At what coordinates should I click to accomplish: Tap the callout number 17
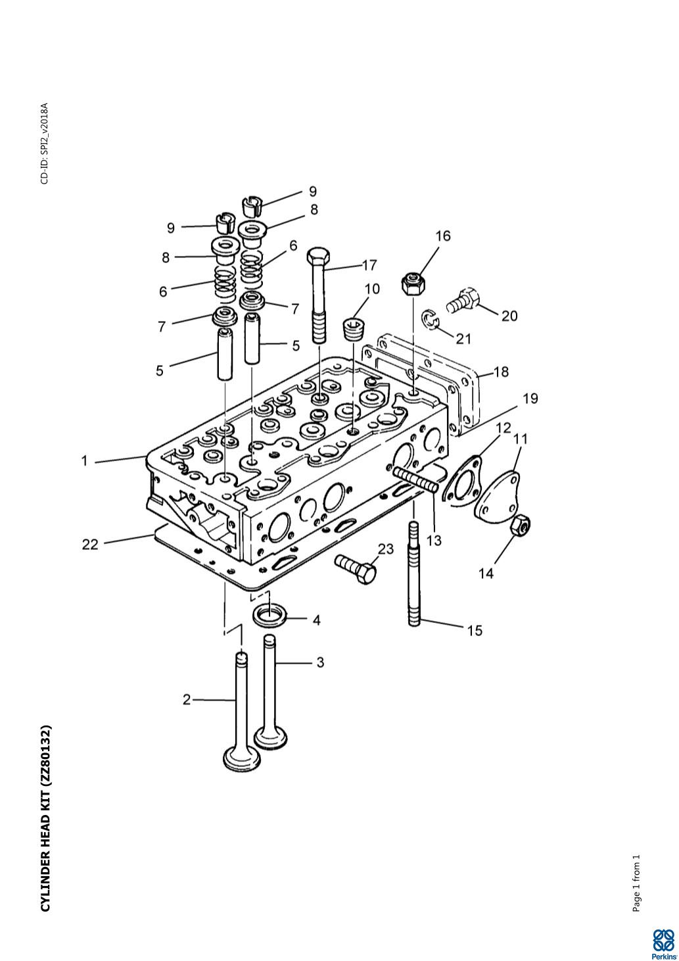(x=369, y=265)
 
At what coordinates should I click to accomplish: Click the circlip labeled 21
(x=429, y=320)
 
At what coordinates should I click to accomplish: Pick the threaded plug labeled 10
(x=354, y=328)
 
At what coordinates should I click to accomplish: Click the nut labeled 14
(x=521, y=525)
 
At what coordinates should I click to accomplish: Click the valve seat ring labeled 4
(x=269, y=616)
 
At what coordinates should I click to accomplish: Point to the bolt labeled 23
(x=356, y=568)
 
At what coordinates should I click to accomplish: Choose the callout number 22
(x=90, y=544)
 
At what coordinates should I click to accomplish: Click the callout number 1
(x=84, y=460)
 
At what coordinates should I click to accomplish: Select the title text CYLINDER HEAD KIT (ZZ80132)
(x=45, y=818)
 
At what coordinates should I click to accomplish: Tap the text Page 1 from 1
(x=636, y=883)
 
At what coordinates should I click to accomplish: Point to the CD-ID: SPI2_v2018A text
(x=44, y=143)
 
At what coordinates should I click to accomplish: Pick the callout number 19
(x=530, y=399)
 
